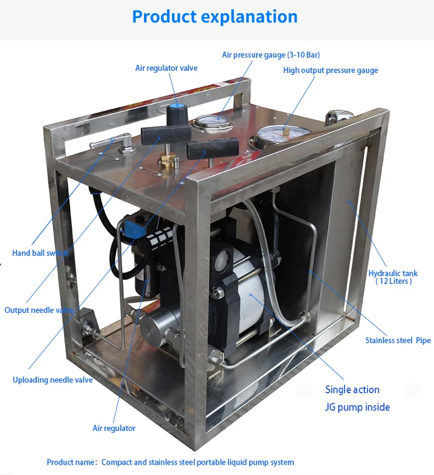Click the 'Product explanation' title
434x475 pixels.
[215, 16]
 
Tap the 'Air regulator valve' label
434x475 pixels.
[166, 68]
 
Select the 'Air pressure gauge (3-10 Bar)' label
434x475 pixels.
[271, 55]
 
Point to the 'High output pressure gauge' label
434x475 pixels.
[330, 70]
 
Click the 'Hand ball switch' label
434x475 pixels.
[40, 253]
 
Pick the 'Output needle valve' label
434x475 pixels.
[38, 310]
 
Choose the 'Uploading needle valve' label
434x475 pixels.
[53, 380]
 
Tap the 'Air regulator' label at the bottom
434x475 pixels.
[114, 428]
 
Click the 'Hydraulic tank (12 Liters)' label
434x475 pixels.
[393, 277]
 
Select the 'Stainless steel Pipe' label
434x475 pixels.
[398, 340]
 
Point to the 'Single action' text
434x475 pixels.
[352, 390]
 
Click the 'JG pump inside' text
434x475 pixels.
[358, 407]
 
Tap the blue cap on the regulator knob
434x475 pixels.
[177, 105]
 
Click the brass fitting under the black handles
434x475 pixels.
[168, 161]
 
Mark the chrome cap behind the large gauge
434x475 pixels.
[338, 116]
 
